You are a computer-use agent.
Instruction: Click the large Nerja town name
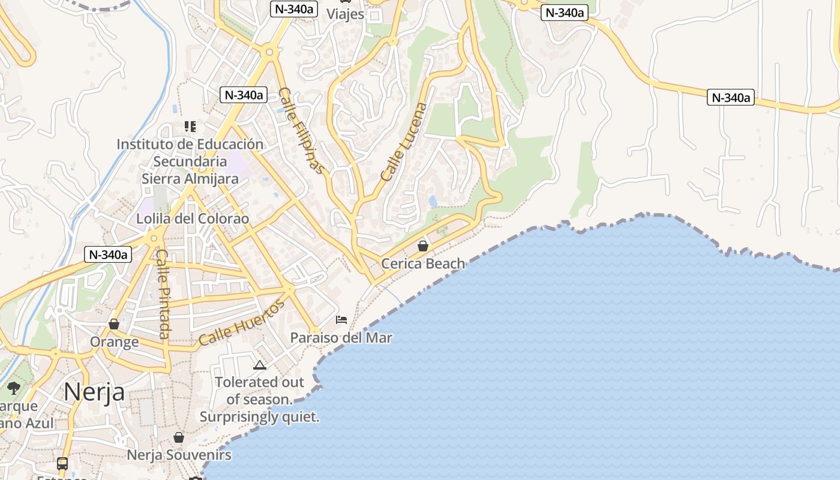[x=94, y=392]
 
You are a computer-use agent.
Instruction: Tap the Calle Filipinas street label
[x=302, y=131]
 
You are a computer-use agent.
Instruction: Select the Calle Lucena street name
[x=404, y=142]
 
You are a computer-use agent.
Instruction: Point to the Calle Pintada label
[x=163, y=294]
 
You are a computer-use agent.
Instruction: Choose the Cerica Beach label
[x=423, y=263]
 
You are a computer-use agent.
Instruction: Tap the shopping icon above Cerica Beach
[x=423, y=246]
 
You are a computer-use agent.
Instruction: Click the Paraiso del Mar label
[x=341, y=338]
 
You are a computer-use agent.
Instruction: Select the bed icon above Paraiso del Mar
[x=341, y=320]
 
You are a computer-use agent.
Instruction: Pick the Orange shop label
[x=114, y=342]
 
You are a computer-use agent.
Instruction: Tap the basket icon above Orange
[x=114, y=325]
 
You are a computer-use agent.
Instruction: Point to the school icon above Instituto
[x=190, y=126]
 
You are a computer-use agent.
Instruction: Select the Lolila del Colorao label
[x=193, y=218]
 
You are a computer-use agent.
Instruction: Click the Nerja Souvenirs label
[x=179, y=455]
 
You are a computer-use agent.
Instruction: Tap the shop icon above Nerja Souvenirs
[x=179, y=437]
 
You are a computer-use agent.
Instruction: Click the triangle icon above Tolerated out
[x=259, y=365]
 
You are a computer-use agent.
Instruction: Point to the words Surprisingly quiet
[x=259, y=416]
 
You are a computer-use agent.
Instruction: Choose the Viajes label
[x=345, y=13]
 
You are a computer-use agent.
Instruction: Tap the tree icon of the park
[x=14, y=388]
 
